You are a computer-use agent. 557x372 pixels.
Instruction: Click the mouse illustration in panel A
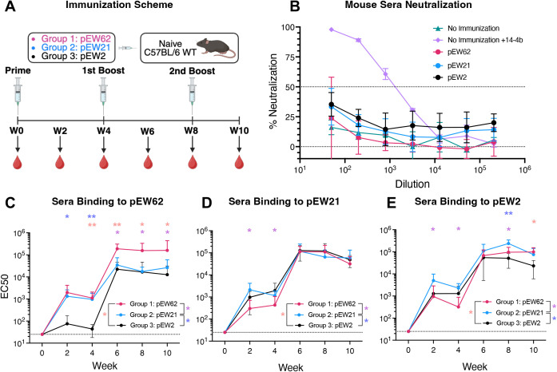[216, 48]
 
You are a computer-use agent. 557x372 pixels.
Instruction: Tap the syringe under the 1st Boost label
[103, 93]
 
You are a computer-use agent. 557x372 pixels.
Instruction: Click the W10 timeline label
[239, 131]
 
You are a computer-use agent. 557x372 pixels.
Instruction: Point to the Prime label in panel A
[18, 70]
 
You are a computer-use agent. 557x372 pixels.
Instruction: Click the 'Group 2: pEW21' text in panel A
[76, 47]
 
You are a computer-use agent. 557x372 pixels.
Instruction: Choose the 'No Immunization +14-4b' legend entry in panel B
[478, 40]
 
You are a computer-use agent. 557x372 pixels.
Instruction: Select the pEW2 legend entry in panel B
[451, 77]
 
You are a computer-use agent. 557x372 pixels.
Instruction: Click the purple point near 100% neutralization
[332, 30]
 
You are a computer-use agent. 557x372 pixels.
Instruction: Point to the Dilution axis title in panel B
[412, 184]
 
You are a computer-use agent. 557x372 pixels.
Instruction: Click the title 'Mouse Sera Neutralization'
[408, 5]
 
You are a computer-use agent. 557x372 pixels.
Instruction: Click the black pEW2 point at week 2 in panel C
[67, 324]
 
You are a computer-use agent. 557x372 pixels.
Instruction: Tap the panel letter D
[206, 203]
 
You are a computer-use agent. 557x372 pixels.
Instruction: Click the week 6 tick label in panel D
[300, 351]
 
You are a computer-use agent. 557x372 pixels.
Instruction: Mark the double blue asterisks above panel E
[508, 213]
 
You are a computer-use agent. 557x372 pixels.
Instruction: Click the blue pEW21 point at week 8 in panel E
[508, 243]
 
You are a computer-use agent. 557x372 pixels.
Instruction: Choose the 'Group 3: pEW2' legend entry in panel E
[513, 323]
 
